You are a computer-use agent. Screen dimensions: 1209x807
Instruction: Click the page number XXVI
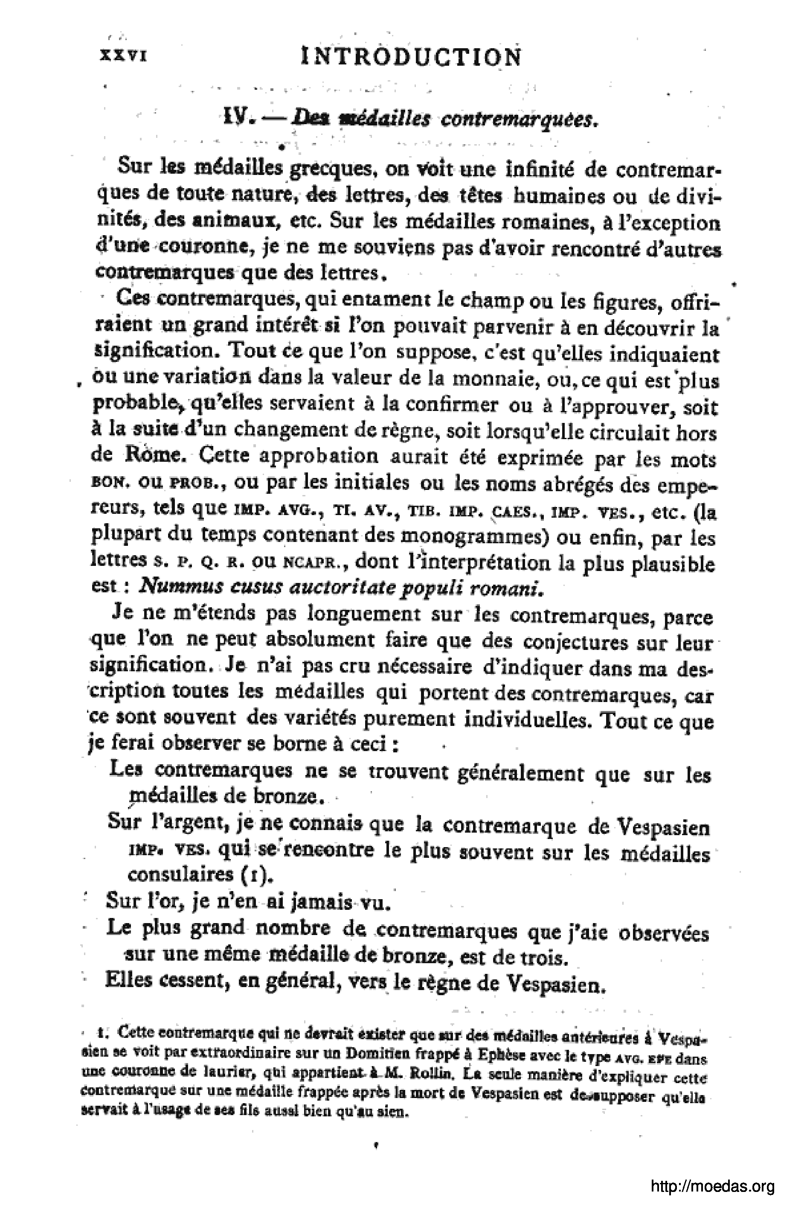[124, 56]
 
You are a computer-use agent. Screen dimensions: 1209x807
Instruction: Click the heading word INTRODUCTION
[411, 57]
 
